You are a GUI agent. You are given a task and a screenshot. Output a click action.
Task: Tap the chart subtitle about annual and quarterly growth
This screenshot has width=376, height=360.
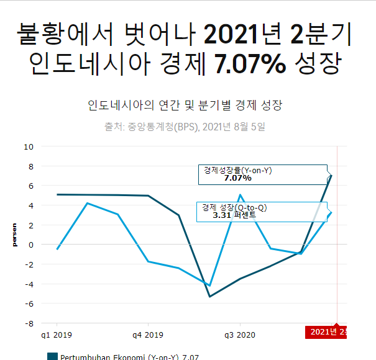[x=186, y=105]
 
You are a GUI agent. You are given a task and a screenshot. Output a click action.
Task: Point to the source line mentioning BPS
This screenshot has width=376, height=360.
[x=185, y=127]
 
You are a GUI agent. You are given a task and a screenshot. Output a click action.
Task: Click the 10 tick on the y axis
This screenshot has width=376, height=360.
[x=29, y=146]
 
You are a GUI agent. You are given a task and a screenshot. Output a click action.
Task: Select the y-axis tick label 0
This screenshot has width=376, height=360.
[x=30, y=245]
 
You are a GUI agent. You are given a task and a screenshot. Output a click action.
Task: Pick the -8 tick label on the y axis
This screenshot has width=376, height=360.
[x=28, y=323]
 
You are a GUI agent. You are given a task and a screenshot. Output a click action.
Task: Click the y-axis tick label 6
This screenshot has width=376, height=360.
[x=30, y=186]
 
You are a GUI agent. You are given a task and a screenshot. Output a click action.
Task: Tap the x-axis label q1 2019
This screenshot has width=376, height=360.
[x=57, y=335]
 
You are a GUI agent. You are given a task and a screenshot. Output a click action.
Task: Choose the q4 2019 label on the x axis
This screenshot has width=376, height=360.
[x=149, y=335]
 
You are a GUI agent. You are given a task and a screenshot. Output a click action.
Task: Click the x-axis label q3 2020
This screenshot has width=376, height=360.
[x=240, y=335]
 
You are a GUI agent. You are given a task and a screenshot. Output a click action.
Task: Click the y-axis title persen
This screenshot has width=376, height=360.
[x=14, y=235]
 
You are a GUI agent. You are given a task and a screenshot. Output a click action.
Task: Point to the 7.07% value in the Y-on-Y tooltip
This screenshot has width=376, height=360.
[x=237, y=178]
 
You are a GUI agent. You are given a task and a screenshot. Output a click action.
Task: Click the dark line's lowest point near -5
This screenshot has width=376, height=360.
[x=209, y=296]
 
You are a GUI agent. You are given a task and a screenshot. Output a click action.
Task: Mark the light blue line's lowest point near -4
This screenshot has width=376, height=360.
[x=209, y=286]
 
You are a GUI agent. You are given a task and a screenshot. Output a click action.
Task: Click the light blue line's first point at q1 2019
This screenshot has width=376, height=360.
[x=57, y=249]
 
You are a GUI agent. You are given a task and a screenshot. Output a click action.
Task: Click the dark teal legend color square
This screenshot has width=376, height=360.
[x=52, y=356]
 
